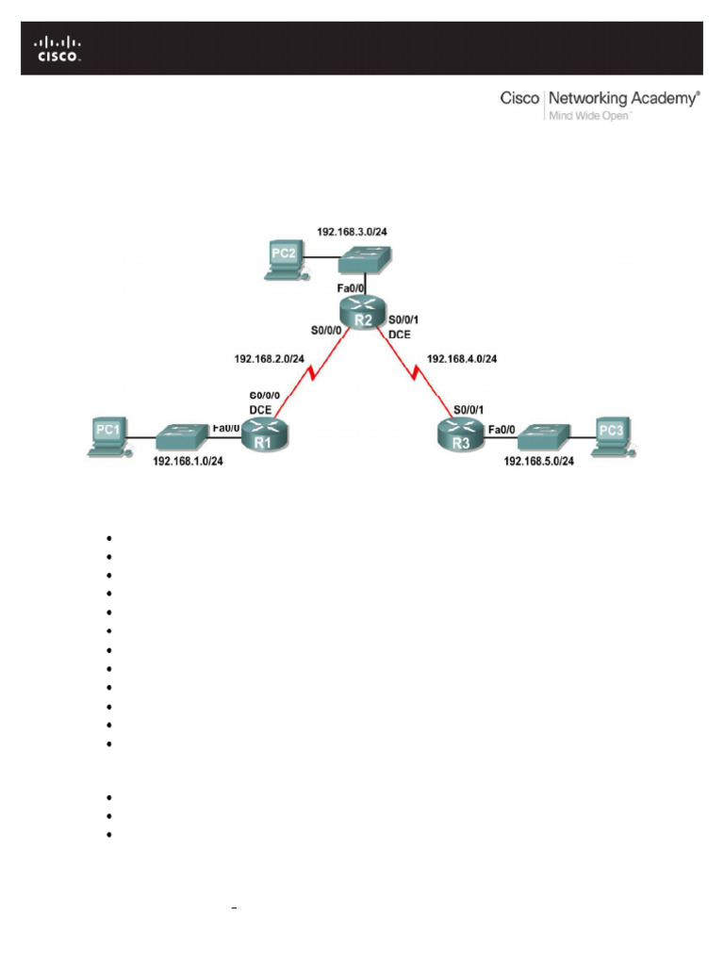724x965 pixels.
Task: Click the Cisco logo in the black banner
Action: (58, 49)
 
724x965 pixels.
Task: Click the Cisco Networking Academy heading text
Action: (600, 98)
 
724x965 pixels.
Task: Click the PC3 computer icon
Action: (615, 436)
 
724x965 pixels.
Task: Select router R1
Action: (264, 434)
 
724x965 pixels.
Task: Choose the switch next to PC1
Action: (182, 436)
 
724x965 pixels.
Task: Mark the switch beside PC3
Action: (541, 434)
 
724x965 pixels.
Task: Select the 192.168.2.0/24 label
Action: (269, 359)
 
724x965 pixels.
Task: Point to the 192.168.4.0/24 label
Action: (462, 359)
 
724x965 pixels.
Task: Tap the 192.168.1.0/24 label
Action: (188, 464)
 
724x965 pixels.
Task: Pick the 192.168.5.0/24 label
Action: (540, 462)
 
